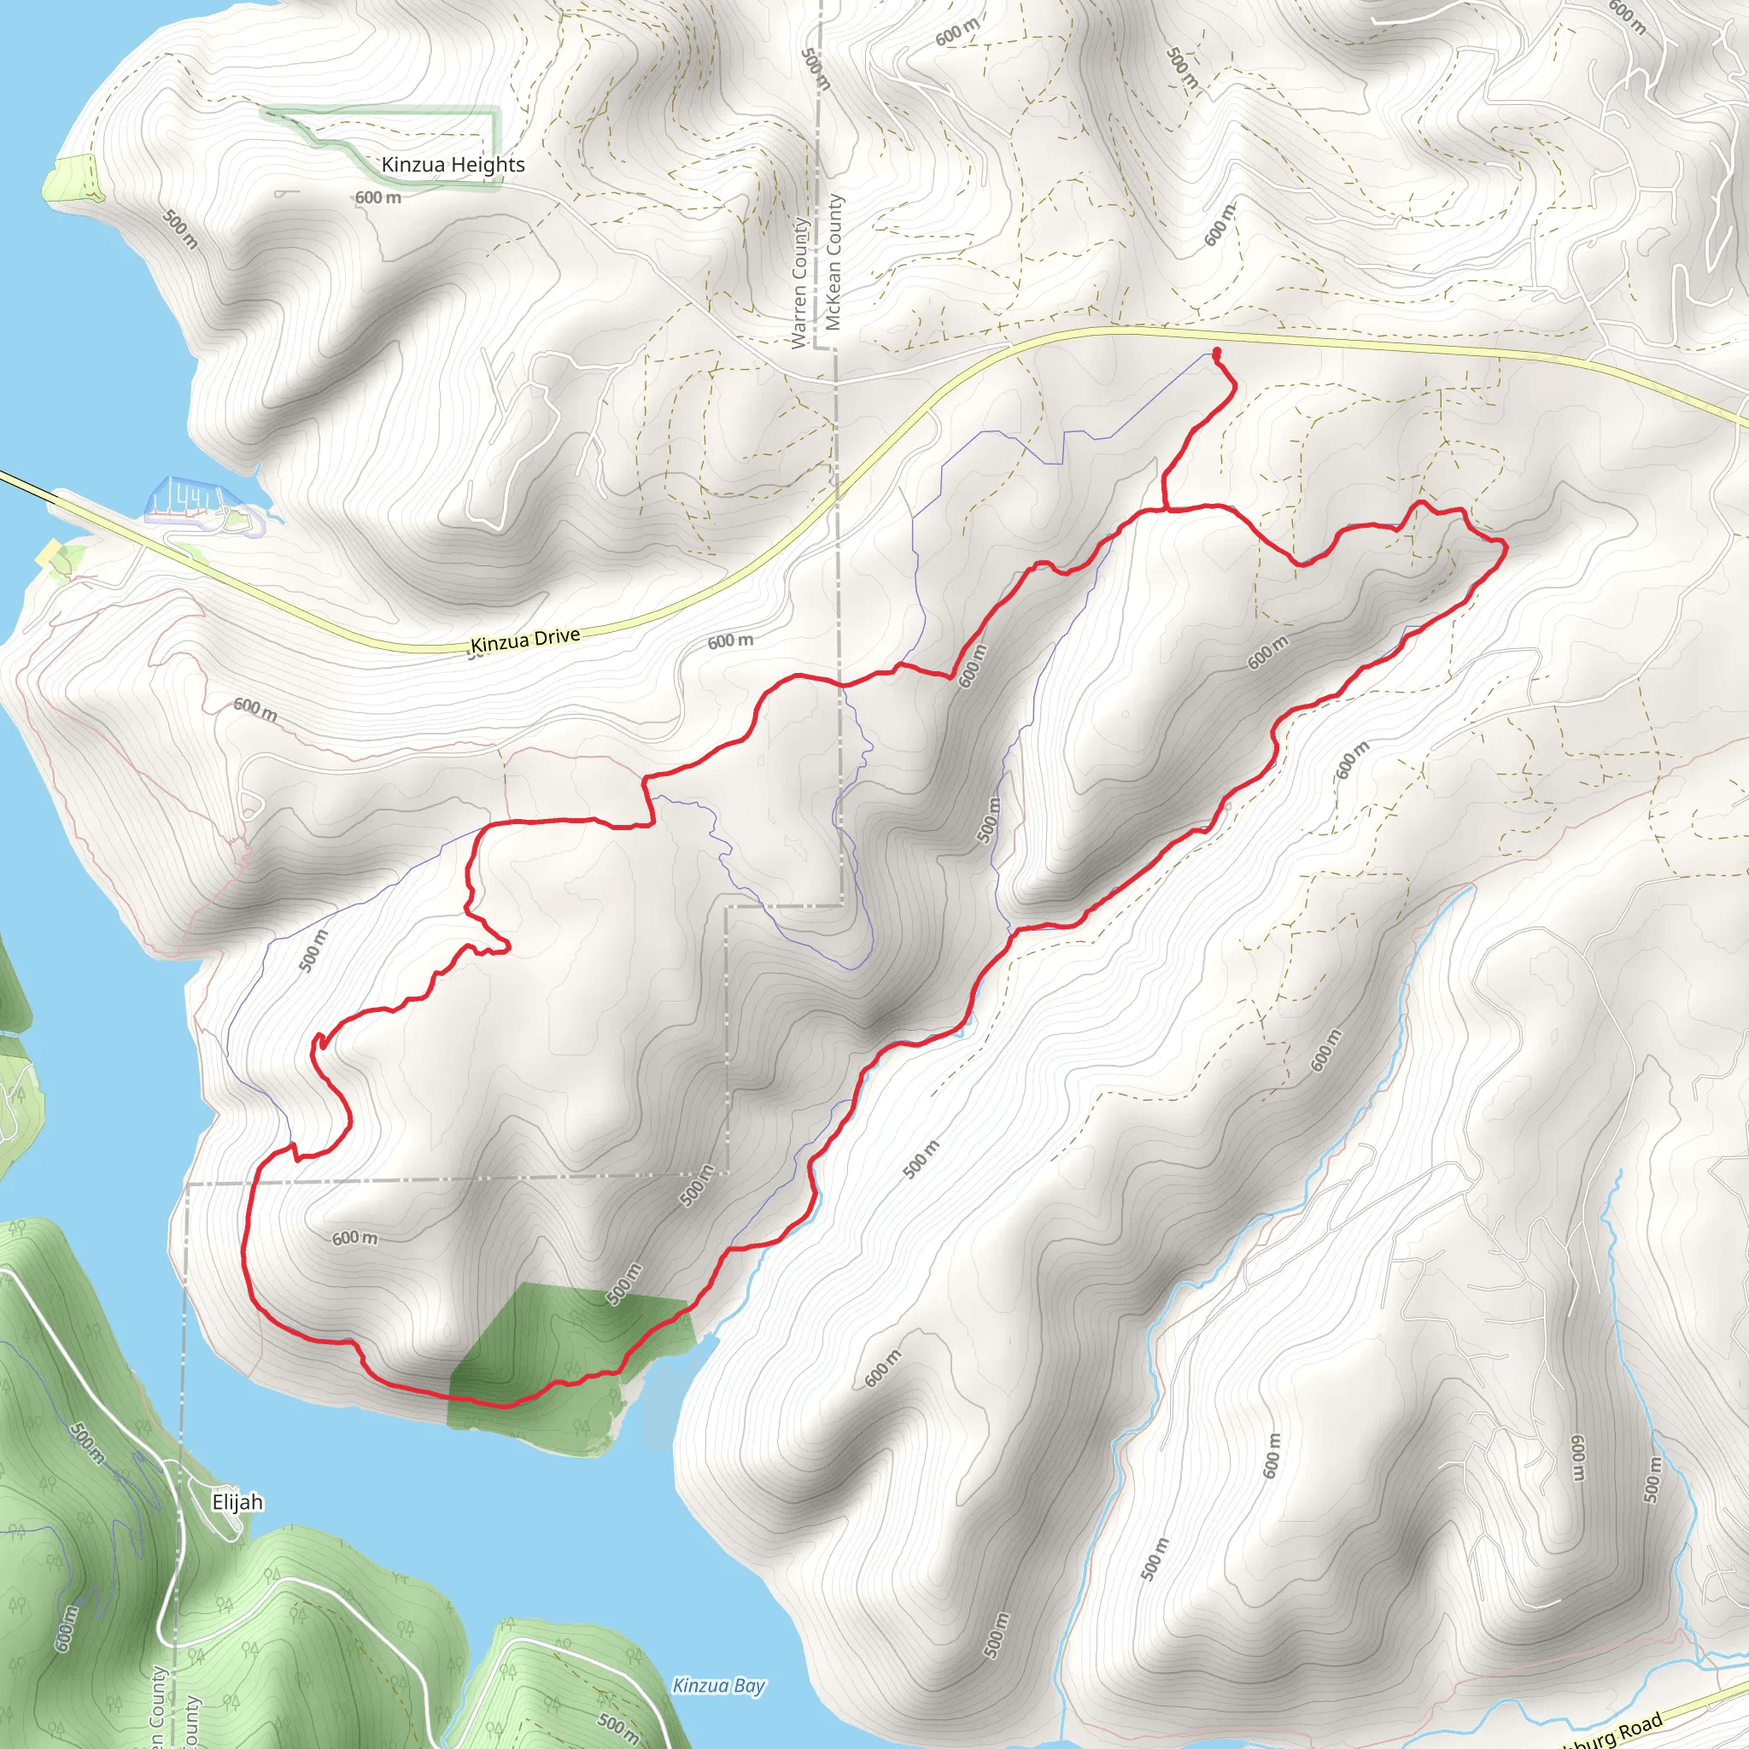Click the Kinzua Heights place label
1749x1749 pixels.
[x=453, y=165]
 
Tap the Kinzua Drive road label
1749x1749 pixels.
[x=525, y=639]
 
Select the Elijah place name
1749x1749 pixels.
[x=237, y=1502]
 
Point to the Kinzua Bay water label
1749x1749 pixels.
[x=719, y=1686]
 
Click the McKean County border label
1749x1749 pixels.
[x=834, y=262]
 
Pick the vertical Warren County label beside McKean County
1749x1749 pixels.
[x=799, y=283]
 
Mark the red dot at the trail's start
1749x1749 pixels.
[x=1217, y=352]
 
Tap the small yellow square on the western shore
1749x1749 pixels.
[x=48, y=554]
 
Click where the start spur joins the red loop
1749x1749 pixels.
[x=1164, y=510]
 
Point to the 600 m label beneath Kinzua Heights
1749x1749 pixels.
[x=377, y=197]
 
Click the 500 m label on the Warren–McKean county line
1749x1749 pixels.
[x=816, y=69]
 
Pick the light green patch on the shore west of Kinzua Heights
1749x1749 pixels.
[x=73, y=178]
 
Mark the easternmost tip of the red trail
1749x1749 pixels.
[x=1506, y=544]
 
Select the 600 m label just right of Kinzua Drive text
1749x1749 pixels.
[x=729, y=641]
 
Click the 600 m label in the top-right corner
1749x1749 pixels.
[x=1627, y=16]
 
